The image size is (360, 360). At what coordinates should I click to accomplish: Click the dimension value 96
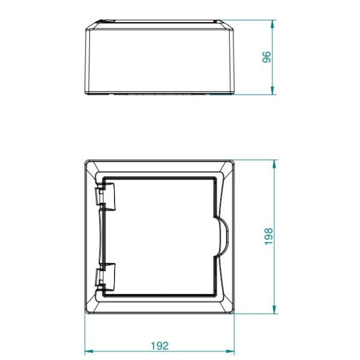click(x=268, y=57)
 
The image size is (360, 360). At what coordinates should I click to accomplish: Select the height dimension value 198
click(x=269, y=235)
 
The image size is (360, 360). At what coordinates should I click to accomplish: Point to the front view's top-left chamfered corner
click(x=89, y=163)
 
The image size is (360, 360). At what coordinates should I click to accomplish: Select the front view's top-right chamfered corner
click(x=231, y=163)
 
